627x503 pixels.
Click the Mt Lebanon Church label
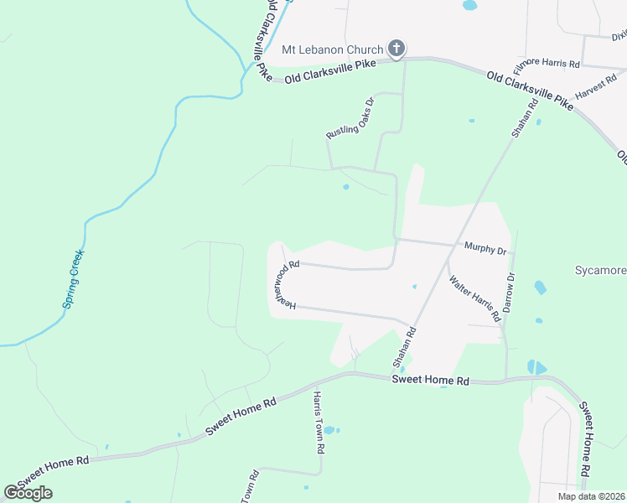pos(332,50)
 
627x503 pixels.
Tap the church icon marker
pos(396,49)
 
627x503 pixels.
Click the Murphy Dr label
pos(485,250)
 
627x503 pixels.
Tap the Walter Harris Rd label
pos(474,298)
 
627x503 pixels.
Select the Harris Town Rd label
pos(319,423)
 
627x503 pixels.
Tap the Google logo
pos(28,493)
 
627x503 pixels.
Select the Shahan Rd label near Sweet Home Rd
pos(405,348)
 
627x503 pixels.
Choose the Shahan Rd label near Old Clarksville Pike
pos(521,118)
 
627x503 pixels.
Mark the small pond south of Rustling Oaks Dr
pos(345,187)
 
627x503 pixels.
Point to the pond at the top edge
pos(469,5)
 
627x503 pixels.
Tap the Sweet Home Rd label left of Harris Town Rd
pos(241,414)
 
